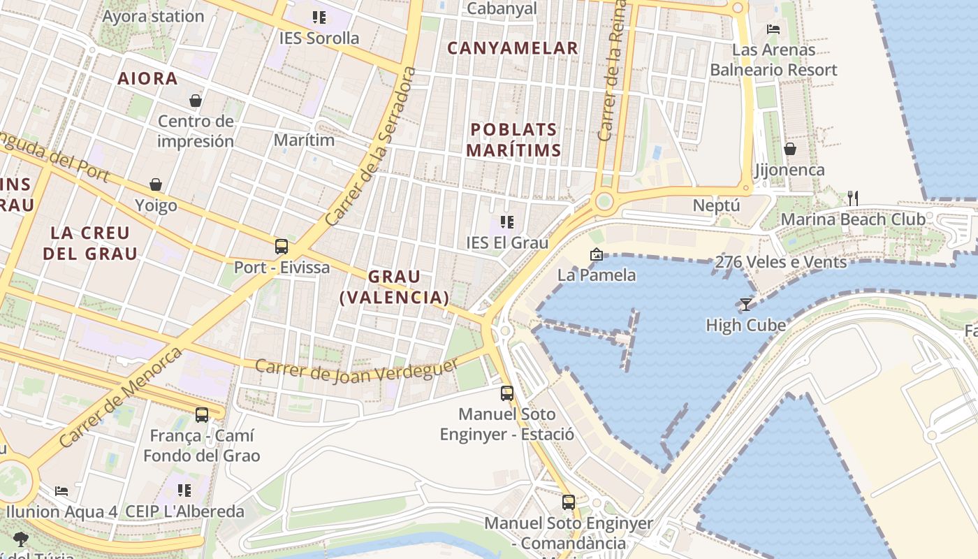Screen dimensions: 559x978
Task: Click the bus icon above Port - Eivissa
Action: [x=282, y=246]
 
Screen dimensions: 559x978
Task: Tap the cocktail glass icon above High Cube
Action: [x=746, y=304]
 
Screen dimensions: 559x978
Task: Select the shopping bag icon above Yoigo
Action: [x=156, y=184]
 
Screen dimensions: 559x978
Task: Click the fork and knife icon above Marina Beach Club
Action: [x=852, y=198]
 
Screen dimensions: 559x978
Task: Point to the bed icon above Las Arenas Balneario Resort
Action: [x=773, y=29]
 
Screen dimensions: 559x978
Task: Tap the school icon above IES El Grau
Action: [x=507, y=222]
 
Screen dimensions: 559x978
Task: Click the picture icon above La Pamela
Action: [x=596, y=254]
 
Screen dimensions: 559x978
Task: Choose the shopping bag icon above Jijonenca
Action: [x=790, y=149]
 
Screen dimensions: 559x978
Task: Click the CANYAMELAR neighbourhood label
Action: [x=513, y=48]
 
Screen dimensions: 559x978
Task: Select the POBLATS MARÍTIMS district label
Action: [x=513, y=140]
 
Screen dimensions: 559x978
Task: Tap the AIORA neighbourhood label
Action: [x=147, y=78]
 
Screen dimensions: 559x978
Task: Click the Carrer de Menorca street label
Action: [x=121, y=396]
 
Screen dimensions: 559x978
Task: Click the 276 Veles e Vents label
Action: [x=781, y=262]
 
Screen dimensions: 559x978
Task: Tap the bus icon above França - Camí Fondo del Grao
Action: [x=202, y=414]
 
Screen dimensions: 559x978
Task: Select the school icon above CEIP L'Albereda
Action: [x=184, y=490]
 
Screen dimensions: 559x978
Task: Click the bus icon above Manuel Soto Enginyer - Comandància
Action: [x=569, y=502]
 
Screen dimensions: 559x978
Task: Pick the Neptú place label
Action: [x=716, y=205]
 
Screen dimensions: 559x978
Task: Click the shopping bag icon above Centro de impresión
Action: [x=196, y=101]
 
